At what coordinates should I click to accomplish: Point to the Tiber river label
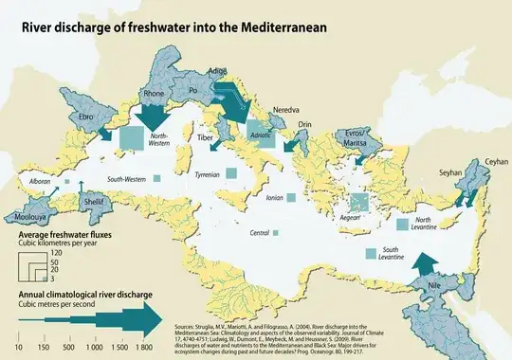tap(206, 137)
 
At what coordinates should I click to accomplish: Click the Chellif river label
tap(94, 202)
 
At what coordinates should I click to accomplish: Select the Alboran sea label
tap(40, 179)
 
